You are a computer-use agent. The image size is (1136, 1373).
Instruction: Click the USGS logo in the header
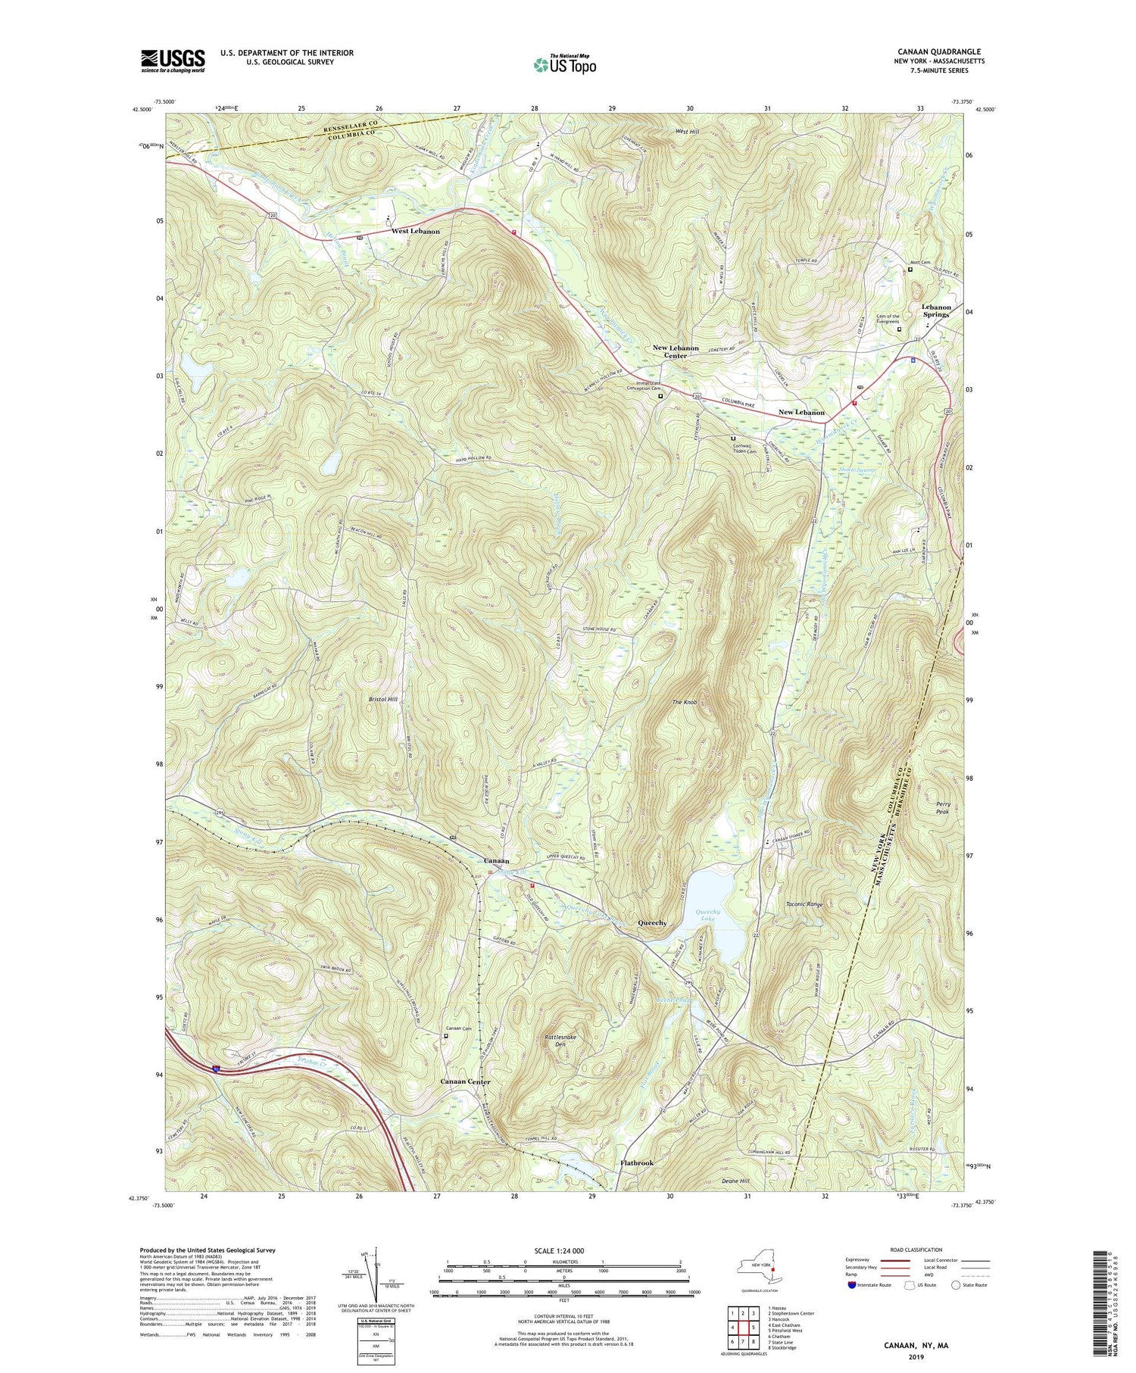[173, 61]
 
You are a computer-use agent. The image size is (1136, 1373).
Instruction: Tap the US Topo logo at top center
[564, 65]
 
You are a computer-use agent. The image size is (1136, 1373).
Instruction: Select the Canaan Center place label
[465, 1082]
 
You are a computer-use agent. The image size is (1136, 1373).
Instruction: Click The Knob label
[684, 703]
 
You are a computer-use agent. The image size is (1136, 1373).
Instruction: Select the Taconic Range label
[804, 904]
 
